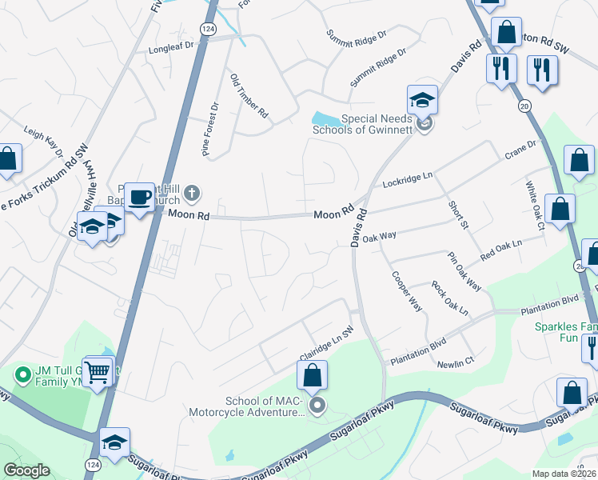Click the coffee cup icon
pyautogui.click(x=139, y=196)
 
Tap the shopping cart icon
pyautogui.click(x=98, y=370)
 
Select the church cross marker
pyautogui.click(x=191, y=193)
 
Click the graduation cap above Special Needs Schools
pyautogui.click(x=422, y=100)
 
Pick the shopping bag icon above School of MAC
pyautogui.click(x=313, y=374)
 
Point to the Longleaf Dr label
pyautogui.click(x=172, y=48)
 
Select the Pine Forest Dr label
pyautogui.click(x=211, y=130)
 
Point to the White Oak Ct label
pyautogui.click(x=534, y=206)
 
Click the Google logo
pyautogui.click(x=27, y=470)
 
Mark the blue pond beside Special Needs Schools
pyautogui.click(x=328, y=121)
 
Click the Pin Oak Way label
pyautogui.click(x=464, y=271)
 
